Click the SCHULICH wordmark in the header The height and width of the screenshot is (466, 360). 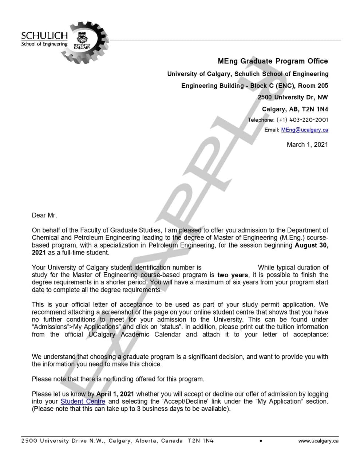point(44,36)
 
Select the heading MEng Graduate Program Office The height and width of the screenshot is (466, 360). point(273,61)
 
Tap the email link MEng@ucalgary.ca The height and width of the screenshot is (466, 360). point(304,130)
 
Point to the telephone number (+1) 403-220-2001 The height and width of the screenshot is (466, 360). point(302,120)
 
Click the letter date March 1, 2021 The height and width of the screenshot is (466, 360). point(307,145)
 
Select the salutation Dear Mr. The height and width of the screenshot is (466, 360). point(44,215)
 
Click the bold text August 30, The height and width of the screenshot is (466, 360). point(311,245)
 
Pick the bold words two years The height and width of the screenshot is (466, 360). point(233,275)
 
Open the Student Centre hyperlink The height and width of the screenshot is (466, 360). point(83,401)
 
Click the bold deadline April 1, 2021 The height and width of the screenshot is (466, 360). point(115,394)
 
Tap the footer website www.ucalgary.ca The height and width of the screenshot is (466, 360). point(318,441)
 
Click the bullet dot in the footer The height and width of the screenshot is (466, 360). point(261,441)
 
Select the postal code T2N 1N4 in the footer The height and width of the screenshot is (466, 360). point(201,441)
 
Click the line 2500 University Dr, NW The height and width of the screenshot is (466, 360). point(293,97)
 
